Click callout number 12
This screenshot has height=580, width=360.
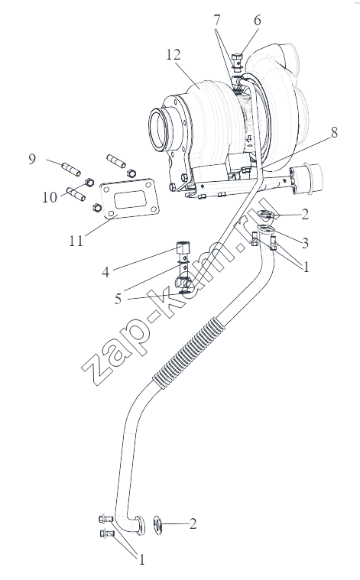point(174,55)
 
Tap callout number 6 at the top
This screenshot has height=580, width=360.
point(257,21)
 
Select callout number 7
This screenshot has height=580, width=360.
point(217,21)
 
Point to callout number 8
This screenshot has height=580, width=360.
point(334,132)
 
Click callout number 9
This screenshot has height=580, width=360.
point(32,159)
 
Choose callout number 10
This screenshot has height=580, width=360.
point(50,197)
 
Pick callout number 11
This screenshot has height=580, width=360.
point(76,241)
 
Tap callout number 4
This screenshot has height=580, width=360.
point(105,272)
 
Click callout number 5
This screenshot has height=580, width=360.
point(118,299)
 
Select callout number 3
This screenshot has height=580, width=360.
point(305,243)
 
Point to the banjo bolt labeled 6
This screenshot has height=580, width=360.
point(237,62)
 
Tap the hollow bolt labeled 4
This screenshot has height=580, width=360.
point(183,251)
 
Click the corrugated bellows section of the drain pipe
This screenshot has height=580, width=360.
point(189,352)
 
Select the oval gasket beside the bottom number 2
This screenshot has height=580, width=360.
point(157,524)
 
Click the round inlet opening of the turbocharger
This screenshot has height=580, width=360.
point(160,128)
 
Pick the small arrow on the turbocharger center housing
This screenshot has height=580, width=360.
point(249,139)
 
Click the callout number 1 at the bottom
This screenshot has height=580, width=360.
point(141,559)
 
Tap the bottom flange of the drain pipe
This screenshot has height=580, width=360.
point(140,525)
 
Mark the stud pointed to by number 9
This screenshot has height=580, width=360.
point(71,169)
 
